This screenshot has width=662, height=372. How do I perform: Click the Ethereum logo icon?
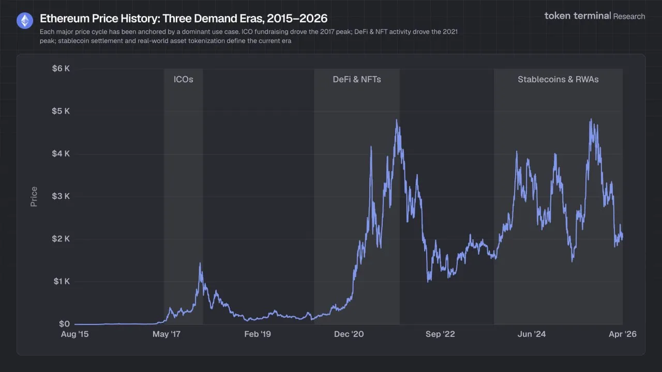(24, 21)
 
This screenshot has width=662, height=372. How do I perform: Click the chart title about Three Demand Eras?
(184, 19)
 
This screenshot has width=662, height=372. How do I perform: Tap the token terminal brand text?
(577, 16)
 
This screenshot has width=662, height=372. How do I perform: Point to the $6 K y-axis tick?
(61, 69)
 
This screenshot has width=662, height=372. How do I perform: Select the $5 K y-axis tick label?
(61, 111)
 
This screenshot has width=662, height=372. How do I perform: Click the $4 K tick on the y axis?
(61, 154)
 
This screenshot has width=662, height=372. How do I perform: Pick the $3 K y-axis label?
(61, 196)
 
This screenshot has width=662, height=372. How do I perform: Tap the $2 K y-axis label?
(61, 239)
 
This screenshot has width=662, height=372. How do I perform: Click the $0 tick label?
(64, 324)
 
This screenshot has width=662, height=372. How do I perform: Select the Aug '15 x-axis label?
(74, 334)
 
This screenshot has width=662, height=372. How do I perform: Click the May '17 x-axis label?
(167, 334)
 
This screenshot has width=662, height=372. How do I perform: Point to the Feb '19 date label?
(257, 334)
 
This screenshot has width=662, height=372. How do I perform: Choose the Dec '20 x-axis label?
(349, 334)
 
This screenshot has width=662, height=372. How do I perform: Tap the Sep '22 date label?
(440, 334)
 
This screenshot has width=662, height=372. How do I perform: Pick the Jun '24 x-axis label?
(531, 334)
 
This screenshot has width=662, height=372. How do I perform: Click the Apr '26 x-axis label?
(623, 334)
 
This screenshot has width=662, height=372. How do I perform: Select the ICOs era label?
(183, 80)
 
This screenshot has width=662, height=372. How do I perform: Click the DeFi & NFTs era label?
(357, 80)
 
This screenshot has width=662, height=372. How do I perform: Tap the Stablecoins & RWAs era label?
(558, 80)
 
